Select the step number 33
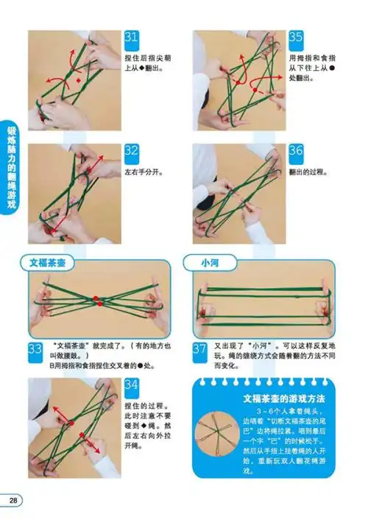36,350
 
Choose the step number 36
296,152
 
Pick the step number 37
200,350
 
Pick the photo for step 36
238,194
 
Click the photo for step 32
75,194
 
